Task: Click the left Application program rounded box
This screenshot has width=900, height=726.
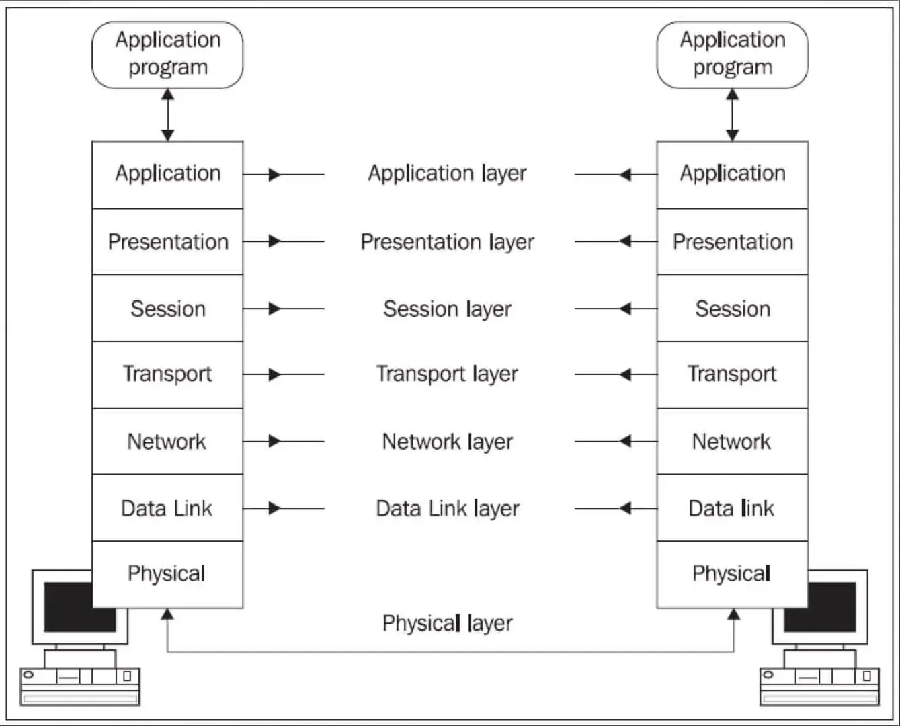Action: (x=167, y=54)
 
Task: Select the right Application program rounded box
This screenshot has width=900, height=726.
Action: (x=732, y=54)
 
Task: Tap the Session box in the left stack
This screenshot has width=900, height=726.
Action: (x=167, y=309)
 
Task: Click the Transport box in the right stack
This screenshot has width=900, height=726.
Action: (x=732, y=374)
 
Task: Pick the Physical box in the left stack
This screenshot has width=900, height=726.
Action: (x=167, y=574)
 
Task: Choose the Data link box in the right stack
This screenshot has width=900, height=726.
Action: (x=732, y=508)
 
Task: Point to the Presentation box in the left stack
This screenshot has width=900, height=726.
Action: (x=167, y=242)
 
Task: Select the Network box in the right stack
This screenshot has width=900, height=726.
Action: (x=732, y=442)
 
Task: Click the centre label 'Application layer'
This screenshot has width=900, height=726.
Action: (x=447, y=174)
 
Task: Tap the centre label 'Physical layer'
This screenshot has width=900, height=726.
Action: (x=447, y=623)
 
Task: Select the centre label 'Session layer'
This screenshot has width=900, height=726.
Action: (x=447, y=309)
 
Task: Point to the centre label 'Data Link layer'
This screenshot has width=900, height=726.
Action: (x=447, y=508)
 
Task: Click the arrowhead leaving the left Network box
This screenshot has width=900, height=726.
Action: (x=274, y=441)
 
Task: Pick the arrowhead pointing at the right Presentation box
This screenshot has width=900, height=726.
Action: (x=625, y=241)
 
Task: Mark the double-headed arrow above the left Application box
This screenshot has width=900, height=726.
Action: (x=168, y=115)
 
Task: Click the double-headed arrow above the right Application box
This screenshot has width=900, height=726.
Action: (x=733, y=115)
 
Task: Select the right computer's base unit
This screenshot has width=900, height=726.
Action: (x=819, y=686)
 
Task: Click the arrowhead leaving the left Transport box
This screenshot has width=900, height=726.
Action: (x=274, y=374)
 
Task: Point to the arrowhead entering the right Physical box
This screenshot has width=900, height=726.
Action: (x=734, y=615)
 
